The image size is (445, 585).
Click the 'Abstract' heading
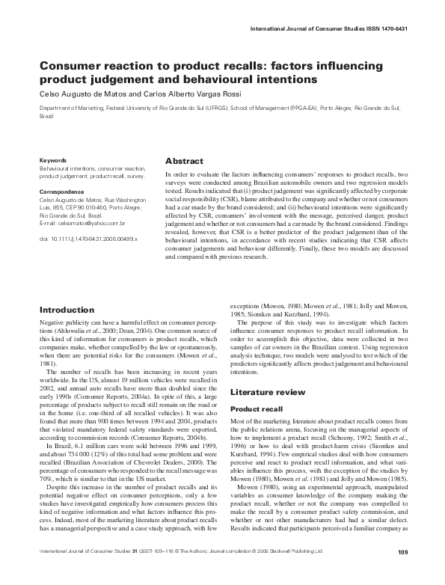point(185,160)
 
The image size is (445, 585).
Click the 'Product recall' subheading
point(257,409)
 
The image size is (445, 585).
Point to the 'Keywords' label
point(53,160)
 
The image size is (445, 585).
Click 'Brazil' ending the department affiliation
point(46,117)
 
